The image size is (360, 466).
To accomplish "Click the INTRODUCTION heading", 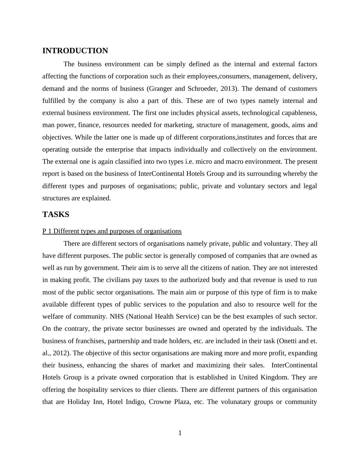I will (75, 51).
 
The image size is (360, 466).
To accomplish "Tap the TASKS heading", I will (56, 215).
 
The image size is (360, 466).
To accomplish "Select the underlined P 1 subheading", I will (112, 231).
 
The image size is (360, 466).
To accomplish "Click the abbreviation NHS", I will (117, 317).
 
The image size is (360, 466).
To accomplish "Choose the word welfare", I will (52, 317).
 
